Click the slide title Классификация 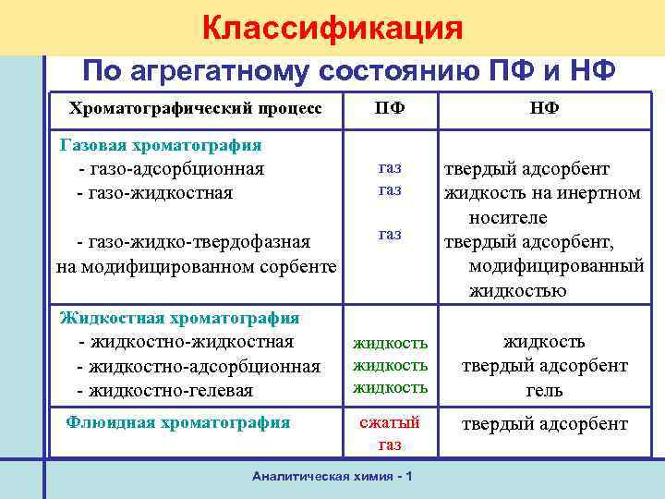coord(332,27)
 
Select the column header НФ coord(544,108)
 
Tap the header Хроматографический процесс coord(196,108)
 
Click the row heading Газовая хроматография coord(160,145)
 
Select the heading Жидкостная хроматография coord(179,318)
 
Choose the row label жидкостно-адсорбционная coord(199,366)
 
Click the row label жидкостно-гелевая coord(166,391)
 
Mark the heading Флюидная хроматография coord(179,423)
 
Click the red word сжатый coord(389,422)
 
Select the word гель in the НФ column coord(544,390)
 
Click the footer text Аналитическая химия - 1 coord(332,476)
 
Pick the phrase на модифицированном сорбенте coord(195,266)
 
